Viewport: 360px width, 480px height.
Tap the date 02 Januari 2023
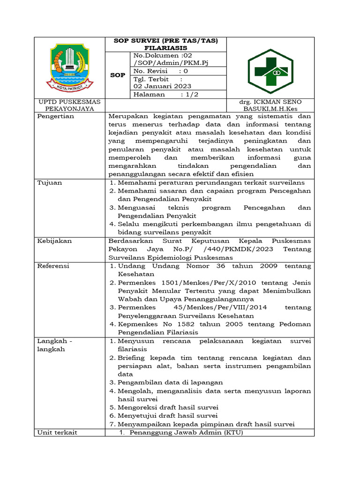pyautogui.click(x=159, y=86)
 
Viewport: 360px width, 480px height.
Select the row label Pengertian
pyautogui.click(x=56, y=116)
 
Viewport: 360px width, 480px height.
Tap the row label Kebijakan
pyautogui.click(x=54, y=240)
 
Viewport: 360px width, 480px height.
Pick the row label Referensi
pyautogui.click(x=53, y=266)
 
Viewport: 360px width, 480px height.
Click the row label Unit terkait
pyautogui.click(x=57, y=432)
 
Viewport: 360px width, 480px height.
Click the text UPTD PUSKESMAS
pyautogui.click(x=64, y=102)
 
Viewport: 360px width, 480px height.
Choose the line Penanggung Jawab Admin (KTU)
pyautogui.click(x=187, y=432)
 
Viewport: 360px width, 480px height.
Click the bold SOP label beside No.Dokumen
pyautogui.click(x=117, y=75)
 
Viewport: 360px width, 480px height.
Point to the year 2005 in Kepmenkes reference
pyautogui.click(x=216, y=324)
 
